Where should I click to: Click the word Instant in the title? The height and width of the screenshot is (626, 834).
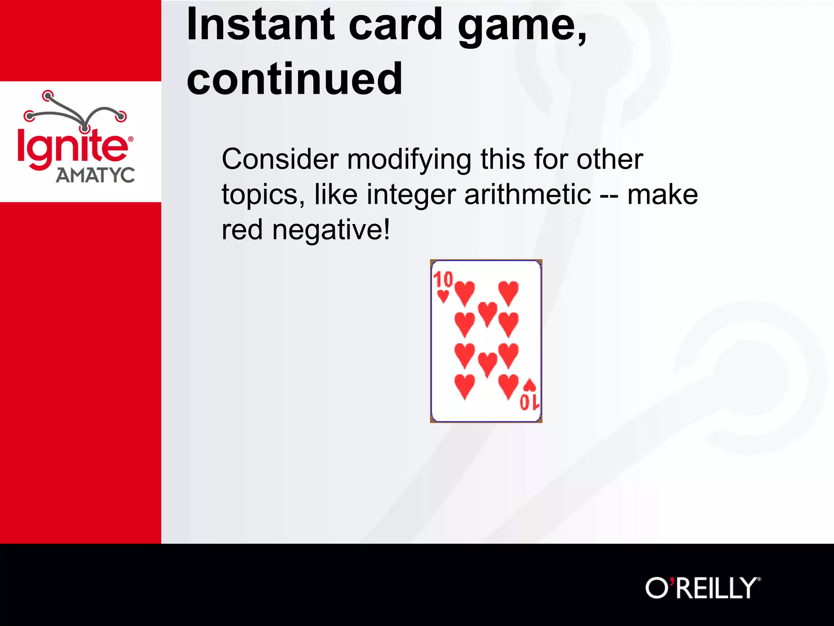coord(261,25)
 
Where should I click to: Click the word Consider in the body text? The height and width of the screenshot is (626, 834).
coord(280,159)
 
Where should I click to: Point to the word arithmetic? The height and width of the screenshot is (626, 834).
coord(527,194)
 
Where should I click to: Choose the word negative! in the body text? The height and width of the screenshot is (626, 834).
coord(331,230)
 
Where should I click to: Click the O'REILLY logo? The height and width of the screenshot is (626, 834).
coord(703,587)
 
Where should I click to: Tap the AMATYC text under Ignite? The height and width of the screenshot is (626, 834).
coord(95,176)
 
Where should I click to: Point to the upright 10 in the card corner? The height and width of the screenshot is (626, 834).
coord(443,280)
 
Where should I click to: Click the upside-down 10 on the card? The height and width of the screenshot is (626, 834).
coord(529,402)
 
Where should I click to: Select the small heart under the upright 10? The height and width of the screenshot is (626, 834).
coord(443,296)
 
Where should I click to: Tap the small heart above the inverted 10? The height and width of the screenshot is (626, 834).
coord(529,385)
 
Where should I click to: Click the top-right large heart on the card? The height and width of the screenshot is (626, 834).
coord(508,293)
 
